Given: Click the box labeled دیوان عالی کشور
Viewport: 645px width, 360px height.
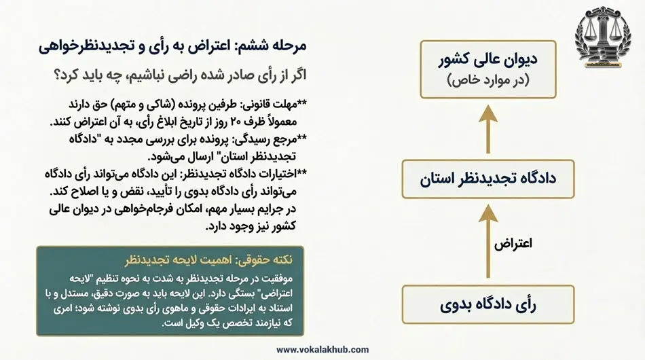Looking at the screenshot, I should click(487, 68).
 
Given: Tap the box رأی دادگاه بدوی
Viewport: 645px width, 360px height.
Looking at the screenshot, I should click(487, 306).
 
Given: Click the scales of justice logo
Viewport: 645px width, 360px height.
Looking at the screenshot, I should click(606, 42).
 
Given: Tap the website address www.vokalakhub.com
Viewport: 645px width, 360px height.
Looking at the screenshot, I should click(322, 349).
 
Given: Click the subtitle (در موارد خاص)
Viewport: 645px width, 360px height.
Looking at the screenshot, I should click(487, 81).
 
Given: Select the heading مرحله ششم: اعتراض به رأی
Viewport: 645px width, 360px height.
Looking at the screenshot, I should click(172, 46).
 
